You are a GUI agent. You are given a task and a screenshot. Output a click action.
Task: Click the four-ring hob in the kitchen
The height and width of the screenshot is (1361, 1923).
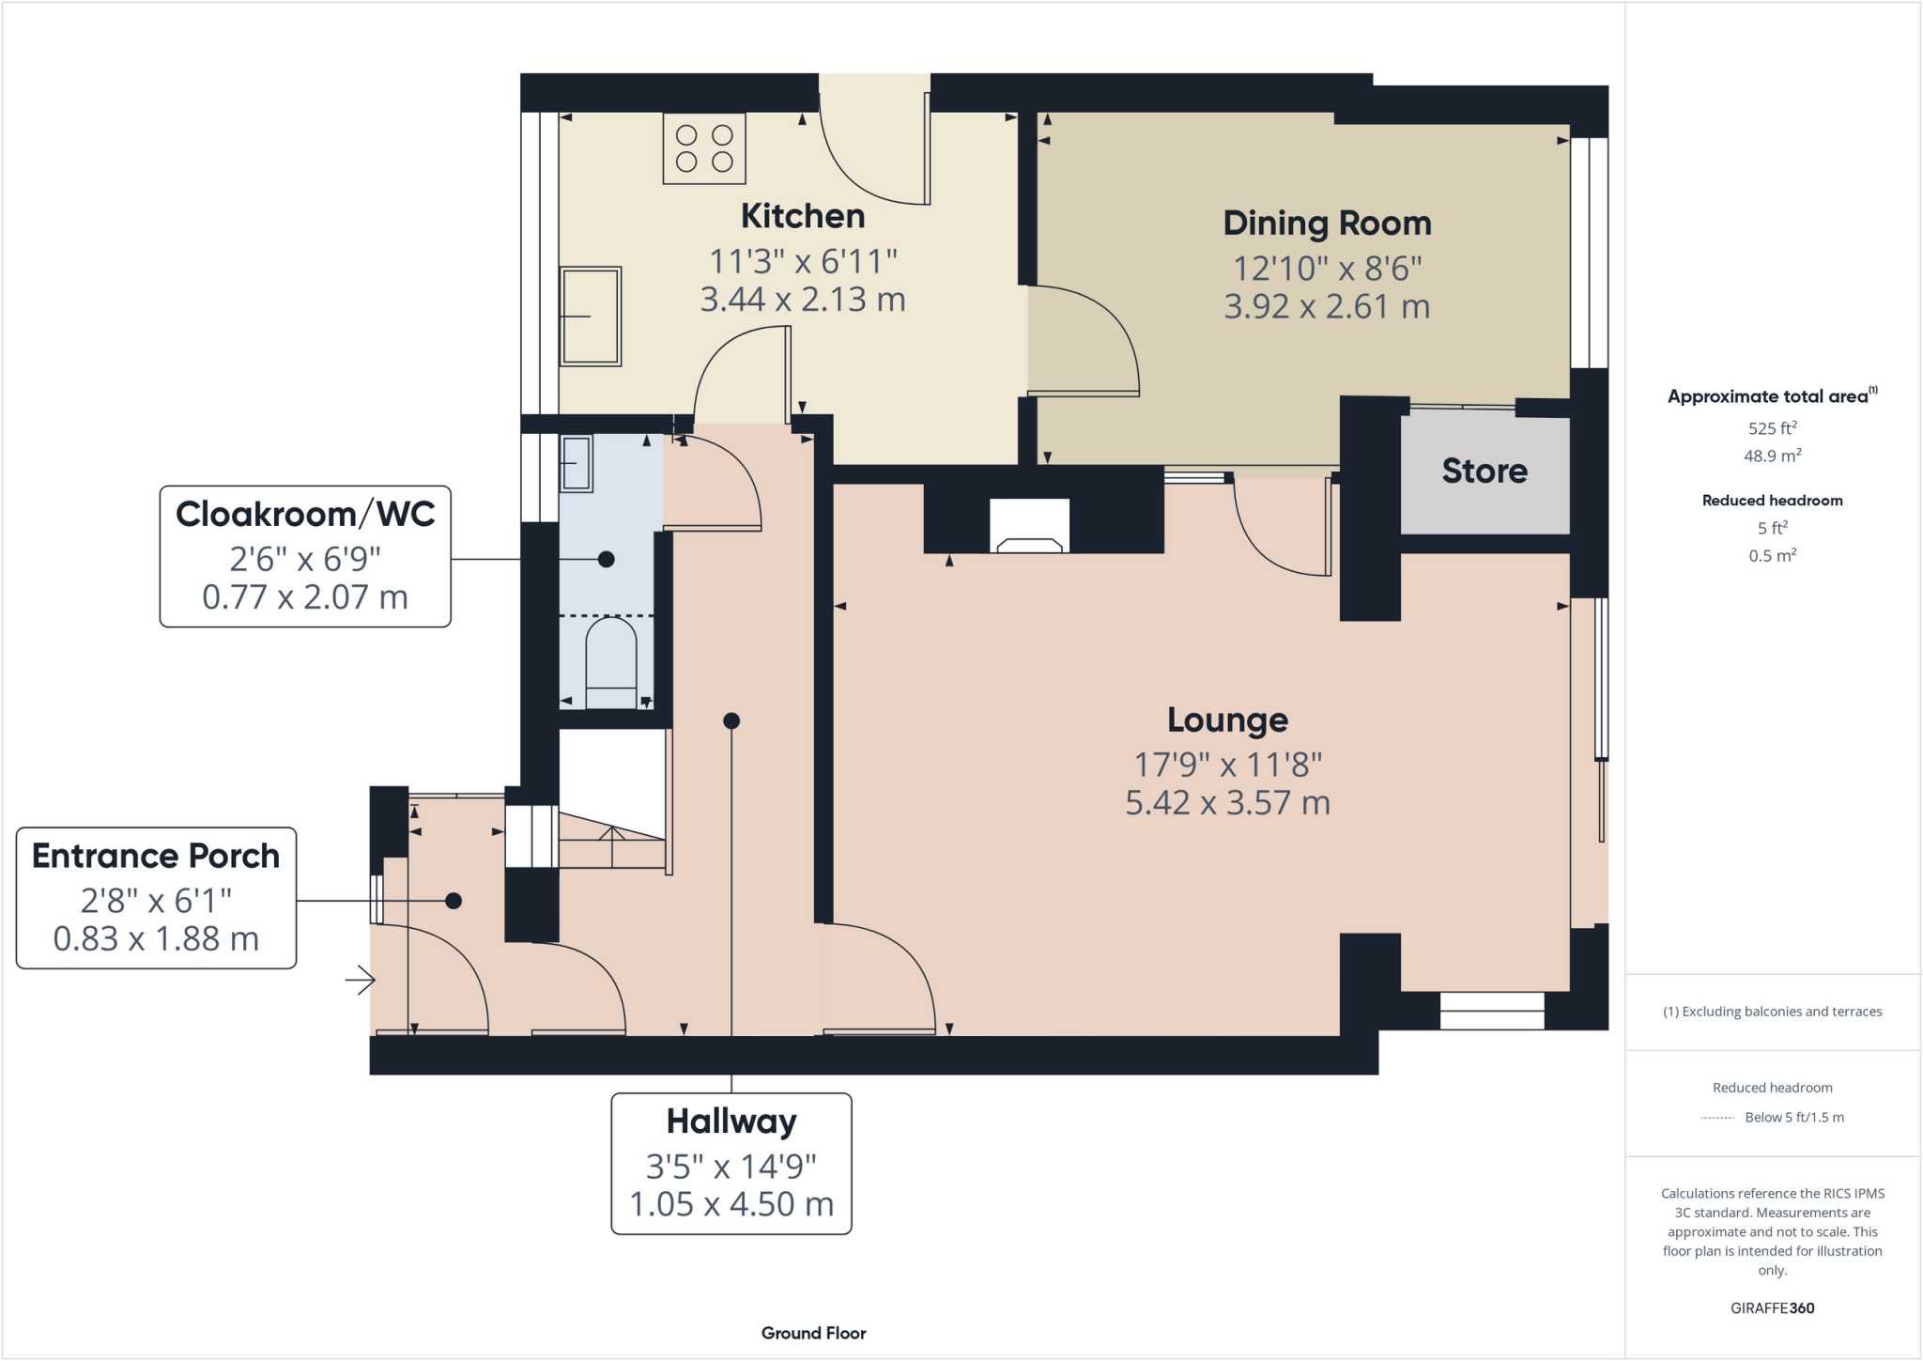(x=704, y=148)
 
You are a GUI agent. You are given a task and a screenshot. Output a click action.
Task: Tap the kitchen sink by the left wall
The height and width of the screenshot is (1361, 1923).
(x=591, y=316)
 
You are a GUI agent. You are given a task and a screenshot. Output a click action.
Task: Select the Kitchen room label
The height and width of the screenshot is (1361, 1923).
(x=803, y=216)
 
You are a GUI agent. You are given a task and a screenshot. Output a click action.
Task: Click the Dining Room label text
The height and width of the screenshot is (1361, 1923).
(x=1327, y=224)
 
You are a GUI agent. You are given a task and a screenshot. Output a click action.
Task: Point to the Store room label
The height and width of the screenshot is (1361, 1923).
(x=1485, y=471)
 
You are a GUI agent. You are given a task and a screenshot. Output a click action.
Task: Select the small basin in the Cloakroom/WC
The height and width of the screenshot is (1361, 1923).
(x=577, y=463)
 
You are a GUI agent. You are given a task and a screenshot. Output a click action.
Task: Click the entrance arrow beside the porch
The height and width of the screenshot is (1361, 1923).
(x=361, y=981)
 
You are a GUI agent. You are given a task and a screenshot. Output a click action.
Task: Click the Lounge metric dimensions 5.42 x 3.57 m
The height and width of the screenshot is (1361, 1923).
(x=1227, y=803)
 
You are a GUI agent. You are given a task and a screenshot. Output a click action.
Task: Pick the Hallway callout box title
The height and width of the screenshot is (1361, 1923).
(x=731, y=1121)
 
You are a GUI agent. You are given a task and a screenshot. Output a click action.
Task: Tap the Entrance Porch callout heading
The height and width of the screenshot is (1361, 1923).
(x=156, y=856)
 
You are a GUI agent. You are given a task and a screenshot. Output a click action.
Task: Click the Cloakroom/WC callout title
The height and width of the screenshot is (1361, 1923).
(x=305, y=514)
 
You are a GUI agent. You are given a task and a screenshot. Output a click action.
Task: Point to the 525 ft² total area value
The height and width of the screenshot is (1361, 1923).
(x=1772, y=428)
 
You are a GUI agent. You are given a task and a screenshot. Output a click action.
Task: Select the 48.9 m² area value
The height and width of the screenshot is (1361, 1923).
(x=1772, y=456)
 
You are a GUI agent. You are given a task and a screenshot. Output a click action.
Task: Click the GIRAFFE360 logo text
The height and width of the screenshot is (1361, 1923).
(x=1772, y=1307)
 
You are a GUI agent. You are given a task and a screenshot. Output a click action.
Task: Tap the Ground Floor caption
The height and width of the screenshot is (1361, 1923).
(x=813, y=1333)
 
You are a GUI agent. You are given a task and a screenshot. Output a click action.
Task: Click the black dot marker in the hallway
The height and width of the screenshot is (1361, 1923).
(x=731, y=721)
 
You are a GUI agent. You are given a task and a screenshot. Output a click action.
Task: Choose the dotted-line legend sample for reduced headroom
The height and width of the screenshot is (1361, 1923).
(x=1717, y=1118)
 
